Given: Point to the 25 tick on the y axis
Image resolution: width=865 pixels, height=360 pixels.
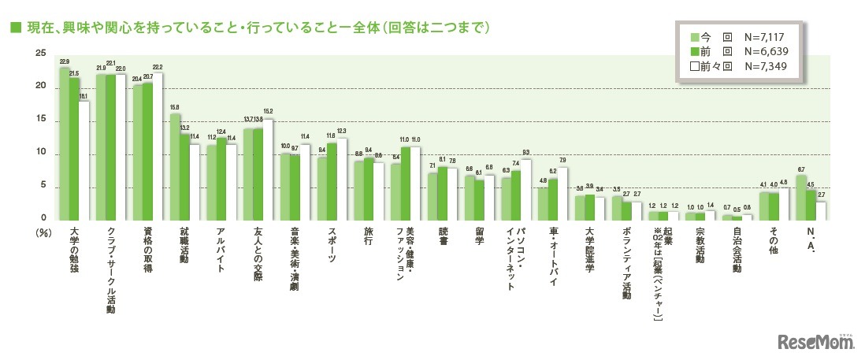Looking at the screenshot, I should coord(40,54).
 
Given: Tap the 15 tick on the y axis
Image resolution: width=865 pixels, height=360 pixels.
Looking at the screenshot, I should coord(40,121).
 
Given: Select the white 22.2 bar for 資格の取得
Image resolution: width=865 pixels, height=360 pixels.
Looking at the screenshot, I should coord(158,146).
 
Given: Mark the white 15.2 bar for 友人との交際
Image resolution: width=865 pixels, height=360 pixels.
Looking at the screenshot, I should coord(268,169).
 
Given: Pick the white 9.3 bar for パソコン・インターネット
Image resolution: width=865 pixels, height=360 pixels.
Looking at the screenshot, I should coord(525,189).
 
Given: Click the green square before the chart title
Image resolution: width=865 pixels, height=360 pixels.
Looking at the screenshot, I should coord(13,28).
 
